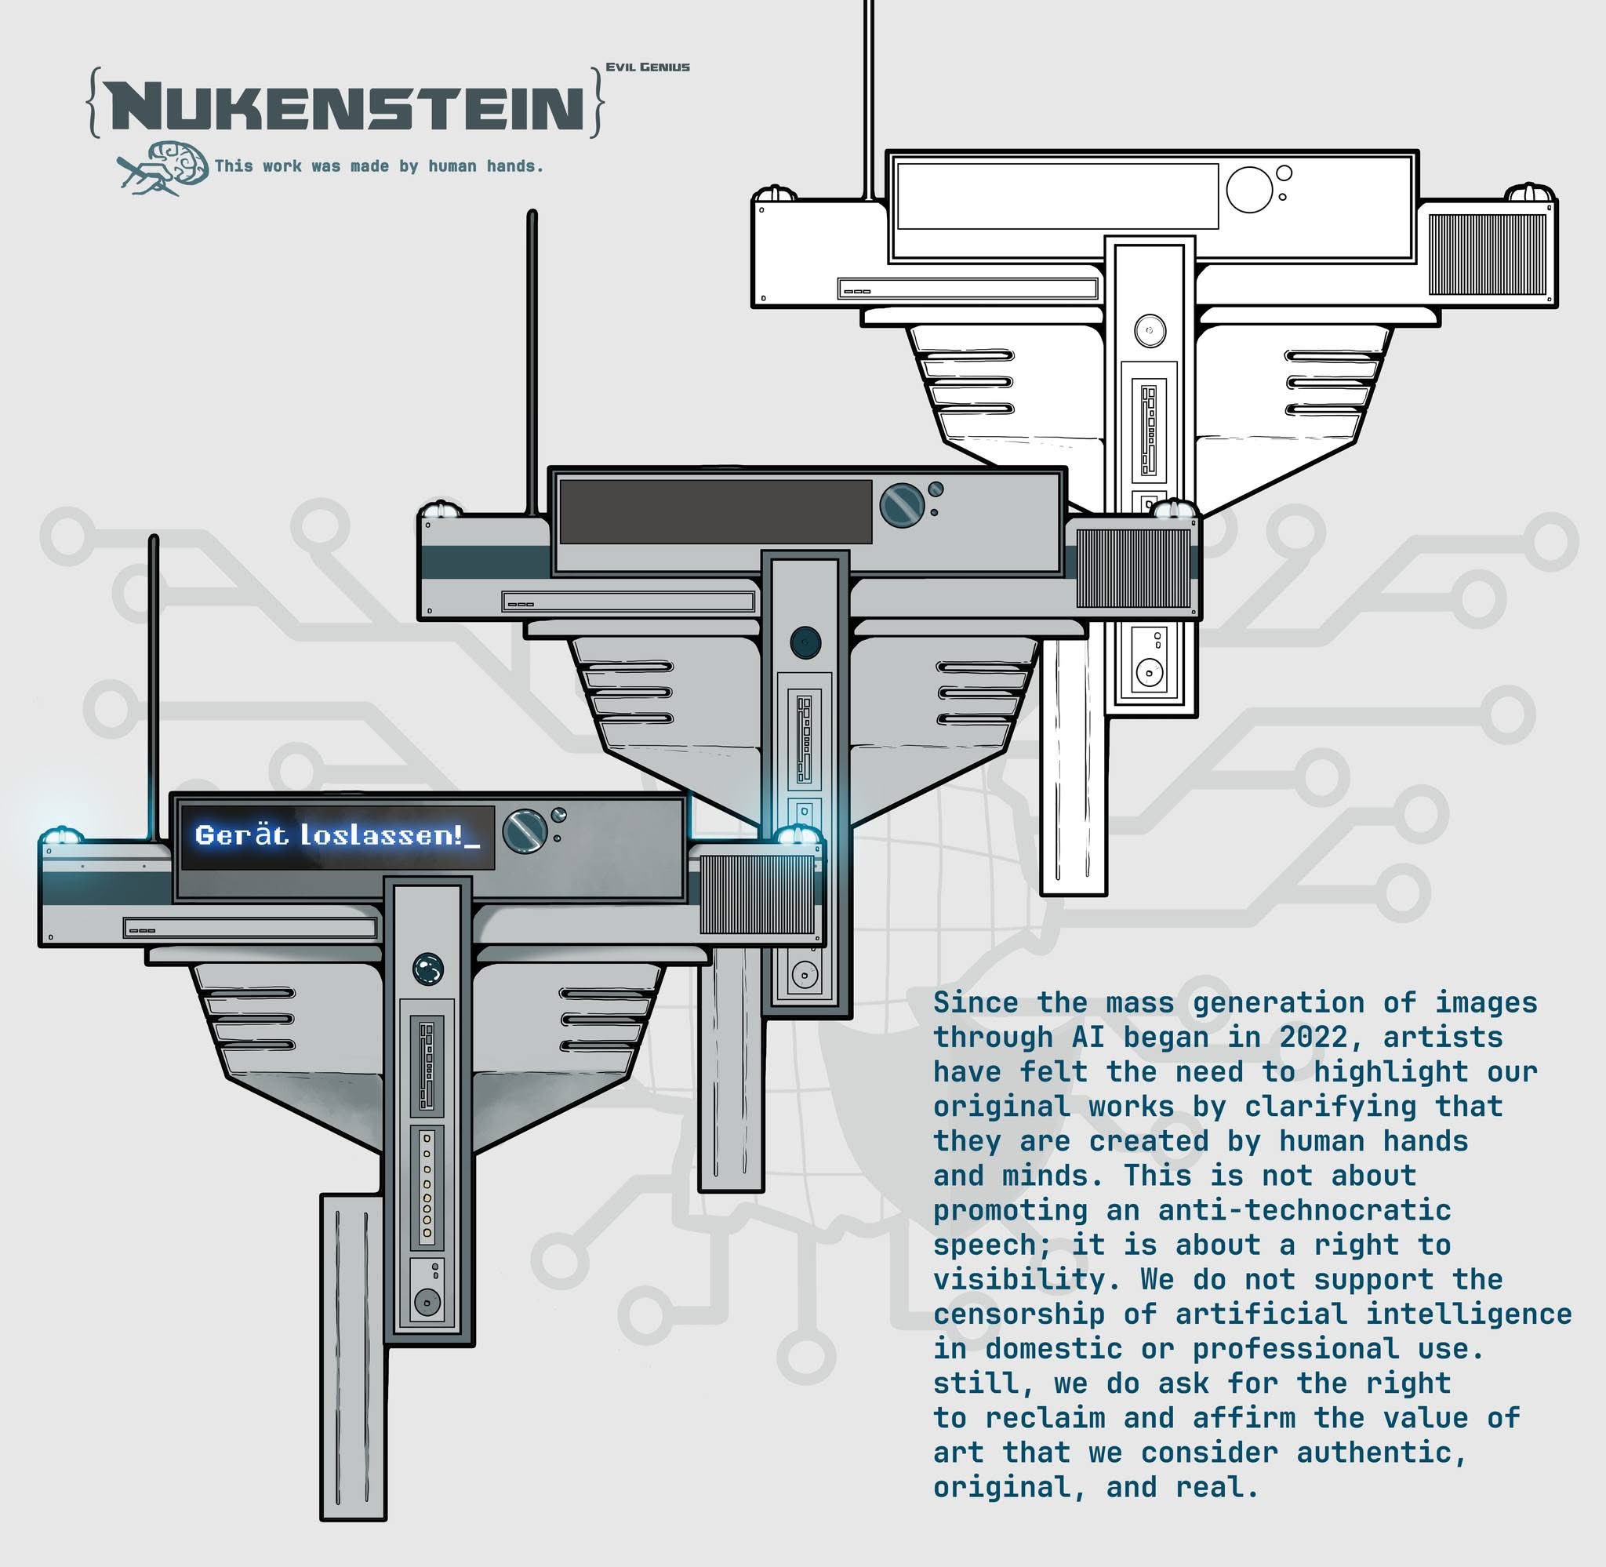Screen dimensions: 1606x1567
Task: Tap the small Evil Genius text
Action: [648, 67]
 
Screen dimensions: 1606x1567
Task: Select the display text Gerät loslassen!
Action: [336, 836]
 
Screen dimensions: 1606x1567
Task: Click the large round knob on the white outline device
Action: [1249, 189]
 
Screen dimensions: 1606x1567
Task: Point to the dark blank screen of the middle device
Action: [714, 512]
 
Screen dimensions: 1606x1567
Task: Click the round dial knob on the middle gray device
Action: [902, 504]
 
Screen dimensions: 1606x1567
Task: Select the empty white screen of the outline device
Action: [1057, 196]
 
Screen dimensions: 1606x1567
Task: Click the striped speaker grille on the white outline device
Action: [1487, 254]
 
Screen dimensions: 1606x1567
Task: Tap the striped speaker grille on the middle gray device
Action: [1133, 568]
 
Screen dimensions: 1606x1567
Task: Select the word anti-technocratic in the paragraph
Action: [1304, 1211]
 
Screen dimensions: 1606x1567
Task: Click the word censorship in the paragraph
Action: [1019, 1314]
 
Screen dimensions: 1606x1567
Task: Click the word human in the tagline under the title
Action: [452, 167]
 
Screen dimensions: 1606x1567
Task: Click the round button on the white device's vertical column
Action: [1150, 332]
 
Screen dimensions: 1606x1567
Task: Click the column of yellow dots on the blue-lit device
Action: [426, 1185]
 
